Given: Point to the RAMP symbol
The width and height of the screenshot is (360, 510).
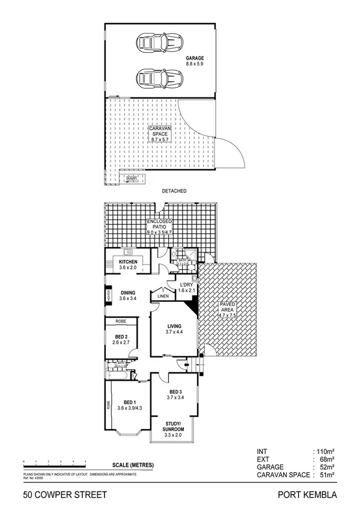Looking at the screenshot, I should (132, 179).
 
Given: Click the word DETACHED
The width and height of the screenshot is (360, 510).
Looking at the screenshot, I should (174, 191).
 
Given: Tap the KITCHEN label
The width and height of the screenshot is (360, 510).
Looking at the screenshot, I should (129, 263).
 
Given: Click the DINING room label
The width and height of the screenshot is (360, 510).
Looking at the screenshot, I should (128, 293).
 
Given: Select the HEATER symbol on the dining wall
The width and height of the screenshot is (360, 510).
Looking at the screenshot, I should (108, 296).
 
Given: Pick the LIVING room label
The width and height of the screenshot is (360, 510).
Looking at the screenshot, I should (175, 327).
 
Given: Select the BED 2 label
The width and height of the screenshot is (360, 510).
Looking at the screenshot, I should (121, 338).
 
